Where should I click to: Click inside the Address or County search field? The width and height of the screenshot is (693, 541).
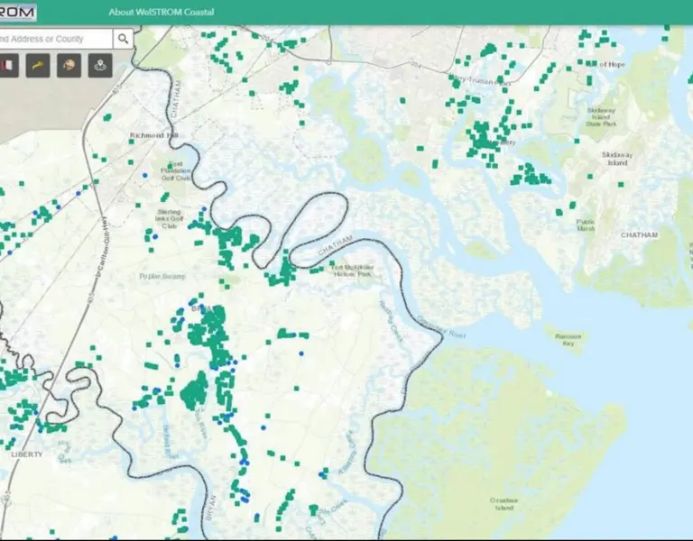click(x=54, y=39)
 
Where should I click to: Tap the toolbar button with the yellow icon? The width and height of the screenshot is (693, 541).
click(x=38, y=65)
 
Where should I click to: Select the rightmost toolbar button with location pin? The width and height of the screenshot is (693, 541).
click(x=99, y=65)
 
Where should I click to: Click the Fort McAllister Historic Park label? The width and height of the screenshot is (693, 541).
click(x=351, y=270)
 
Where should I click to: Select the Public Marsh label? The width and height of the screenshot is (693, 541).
click(x=586, y=225)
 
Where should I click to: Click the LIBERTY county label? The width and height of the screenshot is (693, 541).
click(x=27, y=454)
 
